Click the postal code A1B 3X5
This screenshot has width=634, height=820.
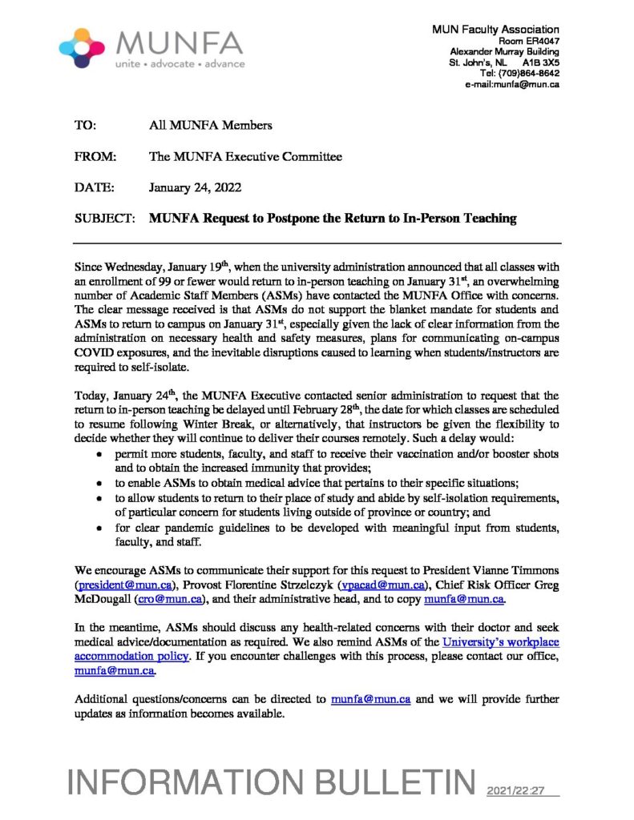[541, 62]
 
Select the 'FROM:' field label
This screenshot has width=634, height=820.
[95, 157]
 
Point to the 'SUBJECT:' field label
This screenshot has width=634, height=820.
[104, 218]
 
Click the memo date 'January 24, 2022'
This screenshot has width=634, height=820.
[196, 187]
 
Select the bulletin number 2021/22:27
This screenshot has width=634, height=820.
[515, 790]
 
